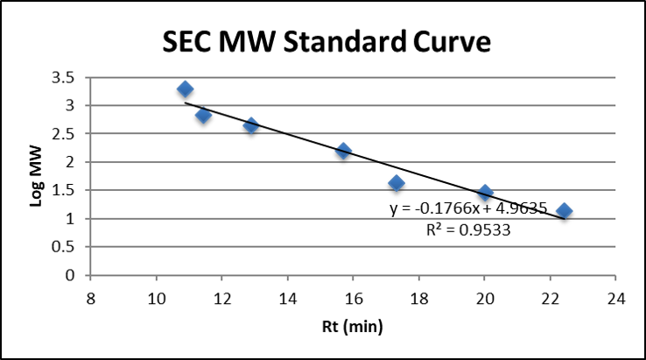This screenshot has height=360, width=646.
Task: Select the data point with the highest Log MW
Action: point(185,89)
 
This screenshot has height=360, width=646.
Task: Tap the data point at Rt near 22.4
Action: point(564,211)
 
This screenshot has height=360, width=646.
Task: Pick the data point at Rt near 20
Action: point(485,193)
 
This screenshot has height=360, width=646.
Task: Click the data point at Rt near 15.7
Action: point(343,152)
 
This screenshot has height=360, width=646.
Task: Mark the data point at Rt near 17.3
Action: point(396,183)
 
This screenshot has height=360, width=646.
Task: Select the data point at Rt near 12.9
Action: point(251,126)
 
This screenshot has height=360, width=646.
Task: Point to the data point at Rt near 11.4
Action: point(203,115)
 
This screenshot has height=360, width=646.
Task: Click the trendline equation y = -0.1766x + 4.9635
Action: point(468,208)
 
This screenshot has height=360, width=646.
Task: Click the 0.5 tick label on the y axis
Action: point(69,247)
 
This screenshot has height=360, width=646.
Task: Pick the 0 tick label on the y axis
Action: point(75,275)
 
